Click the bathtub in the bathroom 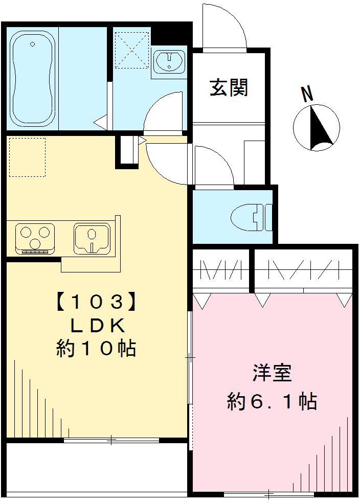point(32,78)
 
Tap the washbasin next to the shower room point(168,62)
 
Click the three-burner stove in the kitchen point(35,238)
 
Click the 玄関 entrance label point(229,88)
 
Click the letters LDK point(96,326)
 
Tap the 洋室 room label point(272,374)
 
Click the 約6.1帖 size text point(272,402)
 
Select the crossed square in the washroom point(132,50)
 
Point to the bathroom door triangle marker point(100,123)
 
